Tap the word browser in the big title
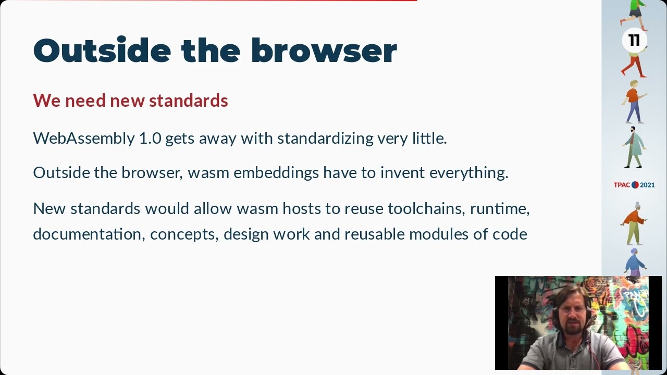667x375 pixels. [324, 51]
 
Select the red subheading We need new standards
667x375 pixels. [130, 100]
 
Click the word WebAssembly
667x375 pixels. [84, 139]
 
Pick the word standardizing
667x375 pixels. [325, 139]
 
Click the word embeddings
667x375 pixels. [276, 172]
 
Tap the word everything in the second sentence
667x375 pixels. [468, 173]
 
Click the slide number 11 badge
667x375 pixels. [634, 41]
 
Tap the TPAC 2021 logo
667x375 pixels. [634, 185]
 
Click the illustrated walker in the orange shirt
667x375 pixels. [634, 101]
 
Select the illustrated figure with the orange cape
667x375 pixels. [634, 222]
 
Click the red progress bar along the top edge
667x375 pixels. [208, 1]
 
